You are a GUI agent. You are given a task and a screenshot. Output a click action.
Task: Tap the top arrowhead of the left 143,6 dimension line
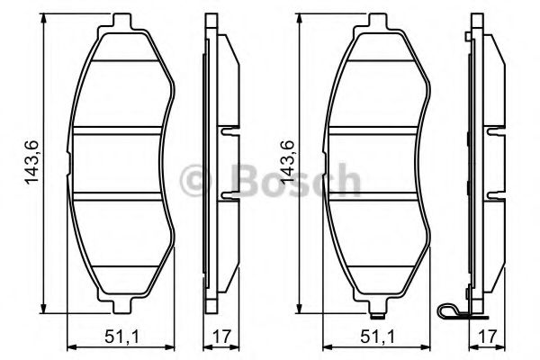tap(43, 20)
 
